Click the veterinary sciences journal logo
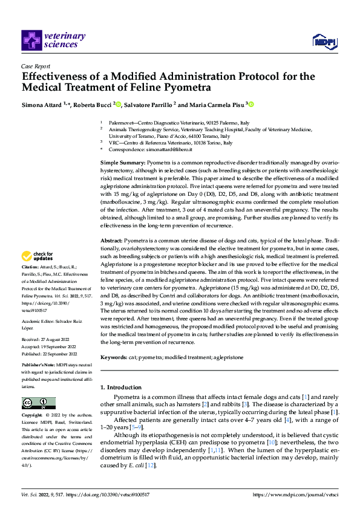click(53, 40)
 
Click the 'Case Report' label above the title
click(34, 67)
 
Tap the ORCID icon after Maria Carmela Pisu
click(251, 105)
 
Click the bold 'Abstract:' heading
click(111, 241)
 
